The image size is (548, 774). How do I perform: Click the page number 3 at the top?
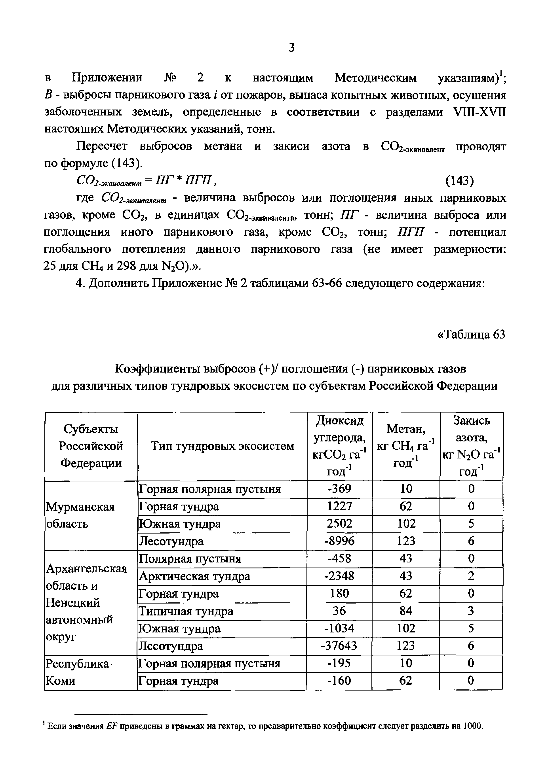[292, 47]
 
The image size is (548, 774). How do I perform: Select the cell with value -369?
[339, 489]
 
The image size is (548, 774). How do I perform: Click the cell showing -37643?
[339, 646]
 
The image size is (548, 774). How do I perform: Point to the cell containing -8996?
[339, 541]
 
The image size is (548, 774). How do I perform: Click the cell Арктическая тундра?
[195, 576]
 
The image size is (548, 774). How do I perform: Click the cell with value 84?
[406, 611]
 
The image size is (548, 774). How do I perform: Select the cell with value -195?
[339, 663]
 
